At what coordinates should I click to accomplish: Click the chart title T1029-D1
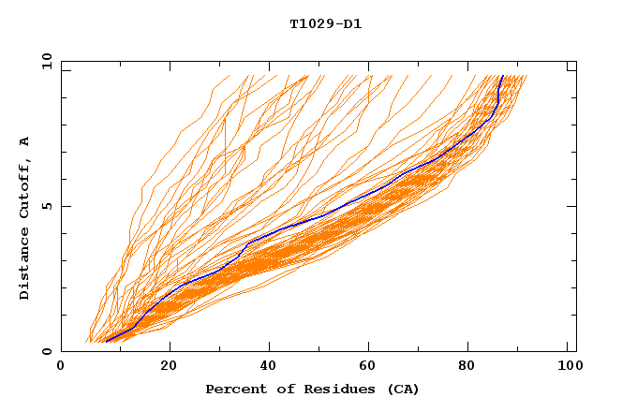pos(325,23)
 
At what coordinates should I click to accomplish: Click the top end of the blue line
pos(502,76)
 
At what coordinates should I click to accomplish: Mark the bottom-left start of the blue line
pos(107,341)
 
